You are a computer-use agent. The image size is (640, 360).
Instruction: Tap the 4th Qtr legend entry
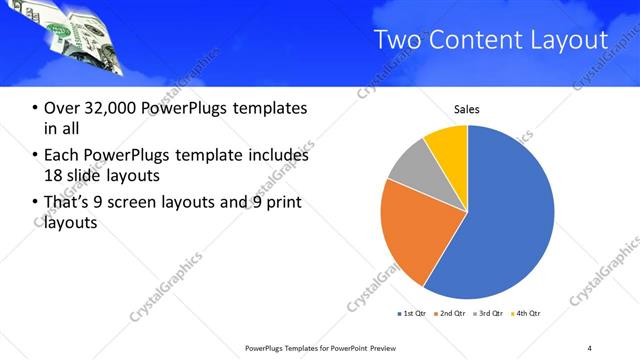click(525, 314)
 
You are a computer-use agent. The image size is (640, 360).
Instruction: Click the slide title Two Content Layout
click(490, 41)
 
